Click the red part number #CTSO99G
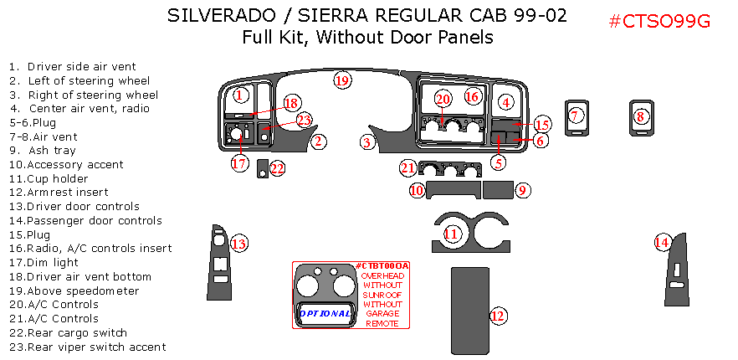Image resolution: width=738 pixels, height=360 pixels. tap(659, 22)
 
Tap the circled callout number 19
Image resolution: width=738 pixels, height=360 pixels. tap(341, 80)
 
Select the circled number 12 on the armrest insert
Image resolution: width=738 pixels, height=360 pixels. tap(498, 316)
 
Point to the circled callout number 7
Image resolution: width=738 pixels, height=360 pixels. tap(575, 116)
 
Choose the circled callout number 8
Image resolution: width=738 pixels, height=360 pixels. tap(641, 117)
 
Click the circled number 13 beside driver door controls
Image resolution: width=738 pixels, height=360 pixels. tap(239, 244)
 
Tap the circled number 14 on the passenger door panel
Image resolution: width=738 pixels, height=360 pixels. tap(662, 242)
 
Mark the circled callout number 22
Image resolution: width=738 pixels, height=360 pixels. tap(277, 168)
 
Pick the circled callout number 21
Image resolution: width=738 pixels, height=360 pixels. tap(407, 168)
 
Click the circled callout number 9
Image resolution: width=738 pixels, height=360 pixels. tap(521, 190)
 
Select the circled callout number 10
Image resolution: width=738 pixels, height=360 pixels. tap(417, 190)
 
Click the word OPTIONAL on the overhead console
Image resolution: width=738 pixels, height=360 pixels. tap(325, 313)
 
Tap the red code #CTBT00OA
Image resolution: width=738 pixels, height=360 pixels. tap(382, 266)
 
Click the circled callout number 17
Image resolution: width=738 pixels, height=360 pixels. tap(240, 163)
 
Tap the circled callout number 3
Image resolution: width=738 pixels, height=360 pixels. tap(366, 142)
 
